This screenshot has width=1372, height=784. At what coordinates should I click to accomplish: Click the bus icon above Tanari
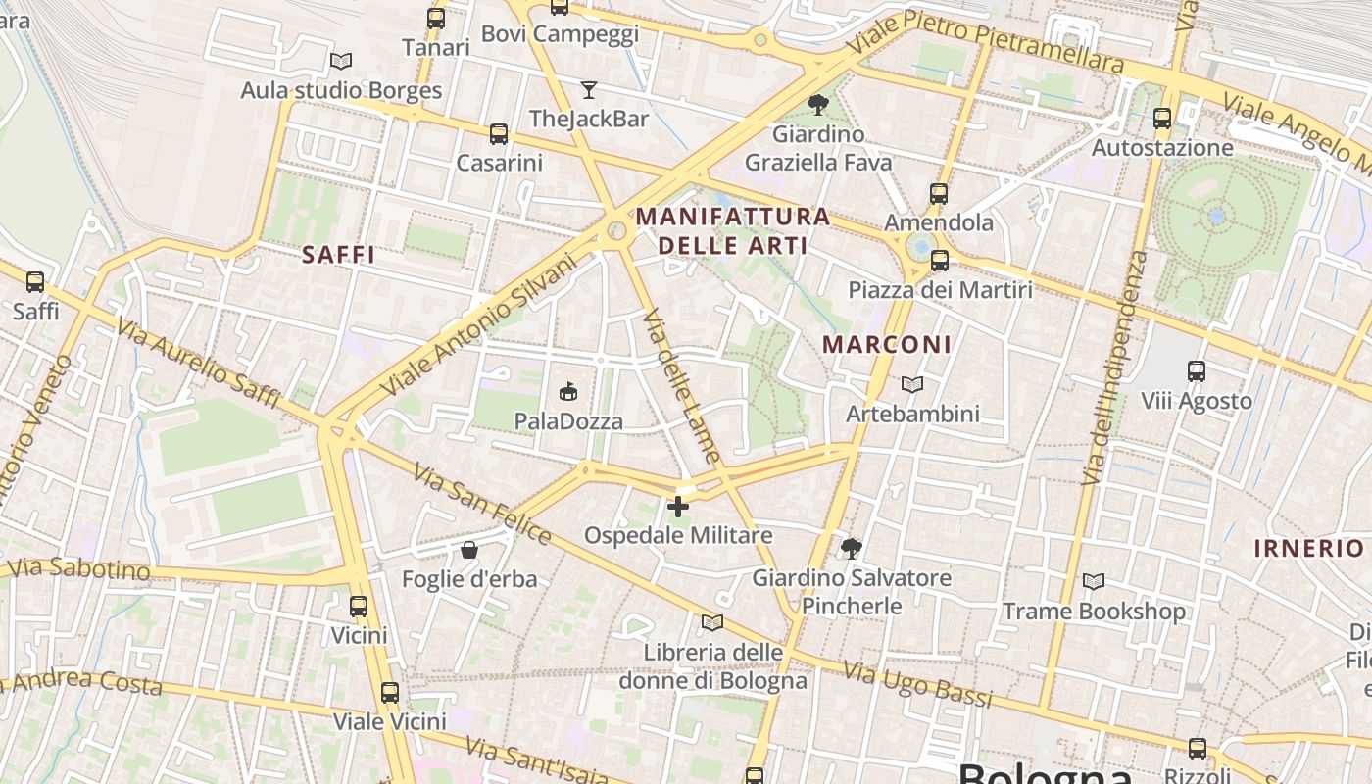[436, 18]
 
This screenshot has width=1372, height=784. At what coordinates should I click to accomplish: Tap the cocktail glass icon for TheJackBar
[588, 90]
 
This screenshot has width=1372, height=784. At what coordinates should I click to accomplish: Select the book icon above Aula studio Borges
[341, 61]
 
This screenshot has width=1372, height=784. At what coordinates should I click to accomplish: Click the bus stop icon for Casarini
[499, 134]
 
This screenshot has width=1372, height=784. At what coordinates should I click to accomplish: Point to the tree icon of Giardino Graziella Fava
[818, 105]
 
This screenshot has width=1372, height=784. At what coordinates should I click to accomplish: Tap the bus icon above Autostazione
[1162, 119]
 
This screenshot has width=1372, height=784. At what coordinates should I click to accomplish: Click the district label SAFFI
[339, 255]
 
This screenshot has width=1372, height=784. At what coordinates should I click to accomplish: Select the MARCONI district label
[887, 345]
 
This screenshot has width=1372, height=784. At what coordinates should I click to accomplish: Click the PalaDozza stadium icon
[568, 392]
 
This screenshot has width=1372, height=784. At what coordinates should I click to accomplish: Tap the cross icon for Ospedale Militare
[678, 507]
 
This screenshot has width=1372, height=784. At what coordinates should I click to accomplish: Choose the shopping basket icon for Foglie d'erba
[469, 550]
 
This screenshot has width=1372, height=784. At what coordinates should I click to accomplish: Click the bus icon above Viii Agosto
[1197, 371]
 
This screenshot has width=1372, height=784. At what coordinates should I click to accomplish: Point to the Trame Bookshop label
[1094, 612]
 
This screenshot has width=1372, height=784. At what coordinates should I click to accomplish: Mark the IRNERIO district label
[1309, 548]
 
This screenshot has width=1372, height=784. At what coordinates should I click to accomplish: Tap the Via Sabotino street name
[78, 569]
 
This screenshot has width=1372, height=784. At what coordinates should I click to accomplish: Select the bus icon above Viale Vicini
[390, 693]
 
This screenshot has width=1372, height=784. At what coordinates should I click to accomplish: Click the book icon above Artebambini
[912, 385]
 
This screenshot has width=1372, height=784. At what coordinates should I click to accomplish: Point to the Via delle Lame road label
[682, 386]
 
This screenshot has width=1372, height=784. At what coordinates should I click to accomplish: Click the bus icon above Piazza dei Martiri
[940, 261]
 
